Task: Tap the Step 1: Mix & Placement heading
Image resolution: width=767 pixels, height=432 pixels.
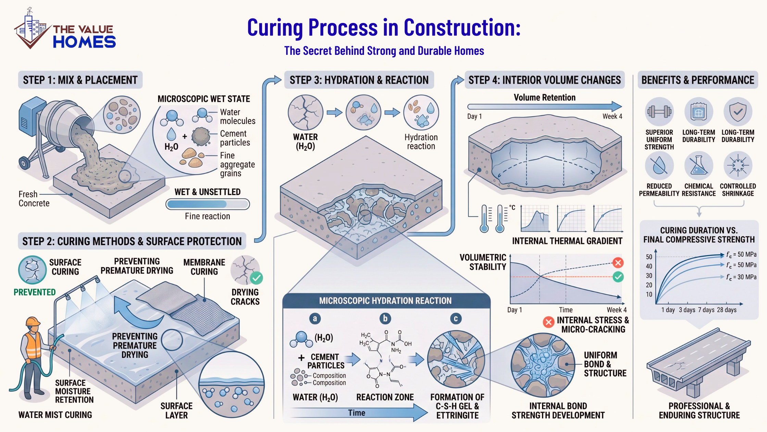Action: pyautogui.click(x=80, y=80)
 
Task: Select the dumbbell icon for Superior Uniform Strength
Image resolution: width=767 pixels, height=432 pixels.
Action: pyautogui.click(x=659, y=112)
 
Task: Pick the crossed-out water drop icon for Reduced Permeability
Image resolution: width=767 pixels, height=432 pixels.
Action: pyautogui.click(x=659, y=166)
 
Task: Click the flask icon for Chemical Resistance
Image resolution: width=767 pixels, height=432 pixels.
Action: pyautogui.click(x=699, y=166)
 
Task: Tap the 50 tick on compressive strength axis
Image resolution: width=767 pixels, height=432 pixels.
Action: pyautogui.click(x=649, y=257)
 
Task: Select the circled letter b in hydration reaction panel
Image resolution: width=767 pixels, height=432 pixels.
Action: pyautogui.click(x=385, y=319)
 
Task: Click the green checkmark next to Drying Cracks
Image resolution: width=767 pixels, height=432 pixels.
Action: pyautogui.click(x=256, y=278)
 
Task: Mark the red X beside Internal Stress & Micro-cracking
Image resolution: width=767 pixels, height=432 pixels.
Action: pyautogui.click(x=549, y=322)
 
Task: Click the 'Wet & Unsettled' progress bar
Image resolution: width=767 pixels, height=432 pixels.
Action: pyautogui.click(x=208, y=204)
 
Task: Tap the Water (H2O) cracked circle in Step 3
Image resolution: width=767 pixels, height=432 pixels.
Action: pyautogui.click(x=305, y=112)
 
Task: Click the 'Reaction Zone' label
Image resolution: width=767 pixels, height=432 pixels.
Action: pyautogui.click(x=385, y=397)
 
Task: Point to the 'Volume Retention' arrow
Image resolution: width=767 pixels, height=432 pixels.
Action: pyautogui.click(x=544, y=106)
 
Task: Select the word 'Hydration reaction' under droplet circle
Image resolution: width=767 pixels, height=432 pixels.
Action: pyautogui.click(x=421, y=142)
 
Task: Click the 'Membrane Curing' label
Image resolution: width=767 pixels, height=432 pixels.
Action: pyautogui.click(x=204, y=267)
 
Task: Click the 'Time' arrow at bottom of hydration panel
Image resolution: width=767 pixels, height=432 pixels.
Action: pyautogui.click(x=357, y=413)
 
